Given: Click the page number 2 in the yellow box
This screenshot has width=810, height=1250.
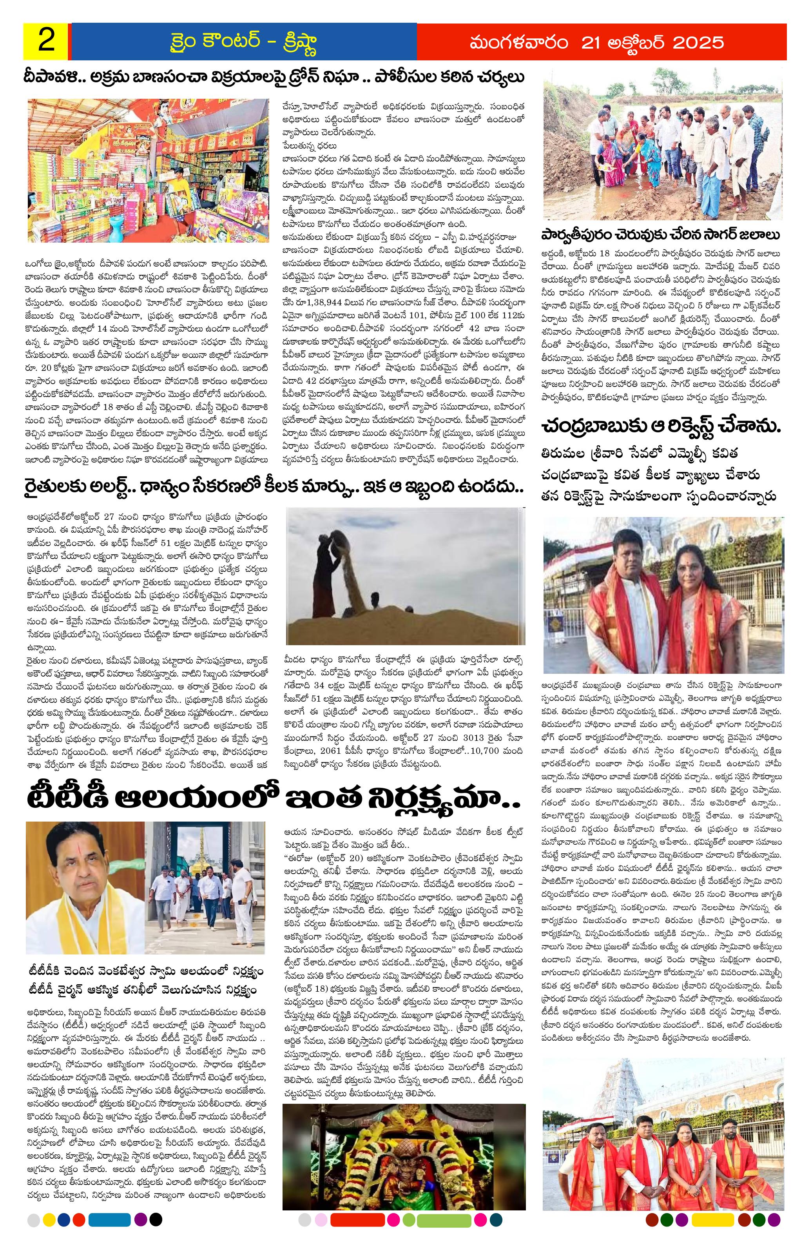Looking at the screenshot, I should pos(46,42).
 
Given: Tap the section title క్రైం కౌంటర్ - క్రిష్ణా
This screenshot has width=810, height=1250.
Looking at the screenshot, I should pos(241,42).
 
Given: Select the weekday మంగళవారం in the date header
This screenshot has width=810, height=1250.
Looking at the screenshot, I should pos(517,42).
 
